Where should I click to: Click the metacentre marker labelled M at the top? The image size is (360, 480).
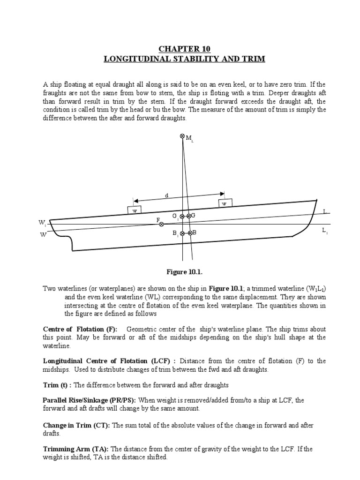pos(182,136)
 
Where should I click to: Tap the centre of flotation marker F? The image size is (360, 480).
pos(161,225)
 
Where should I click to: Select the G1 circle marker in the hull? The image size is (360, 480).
pos(182,216)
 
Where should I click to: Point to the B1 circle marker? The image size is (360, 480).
pos(182,233)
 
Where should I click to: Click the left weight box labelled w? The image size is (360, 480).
pos(135,210)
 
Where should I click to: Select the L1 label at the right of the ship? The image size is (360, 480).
pos(324,231)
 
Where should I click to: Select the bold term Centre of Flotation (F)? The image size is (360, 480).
pos(81,329)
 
